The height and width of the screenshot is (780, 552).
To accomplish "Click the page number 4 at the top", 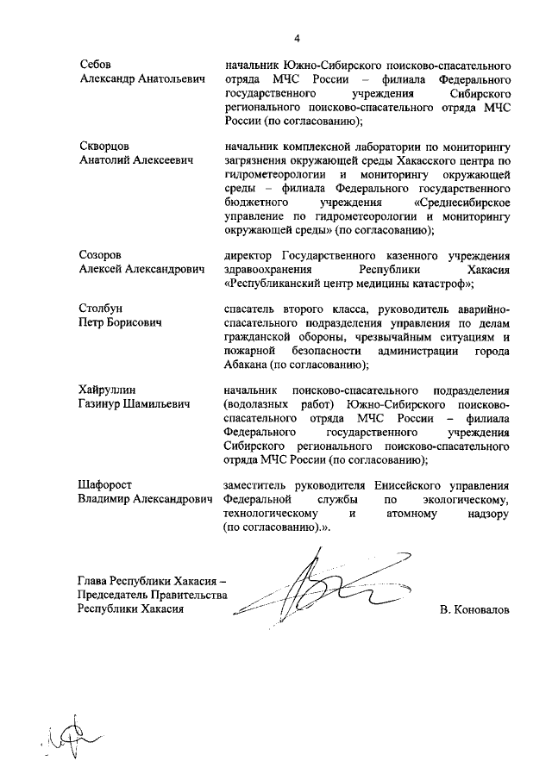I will click(296, 38).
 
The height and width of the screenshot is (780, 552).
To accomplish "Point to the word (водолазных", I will click(255, 404).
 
